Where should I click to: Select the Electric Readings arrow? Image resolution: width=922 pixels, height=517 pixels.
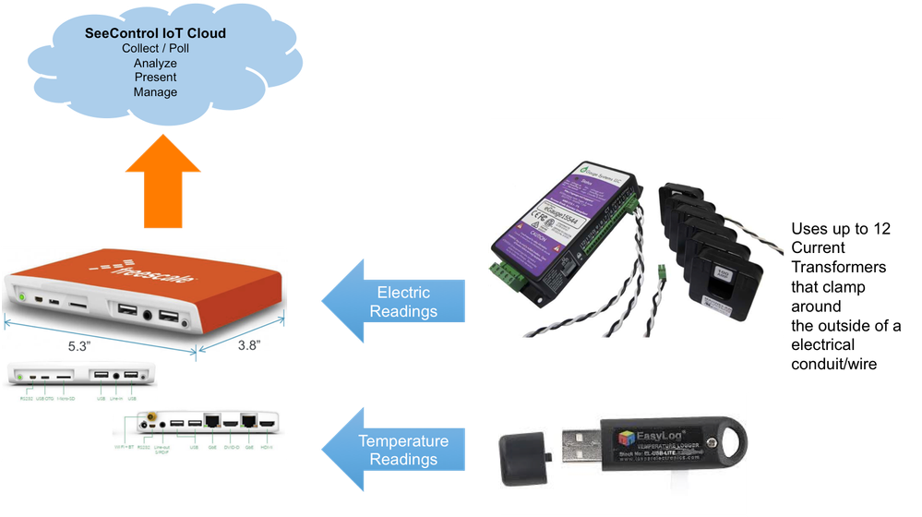coord(392,301)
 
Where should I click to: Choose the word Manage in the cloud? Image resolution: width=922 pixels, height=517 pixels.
coord(155,92)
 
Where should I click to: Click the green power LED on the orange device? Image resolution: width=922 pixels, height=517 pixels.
coord(18,299)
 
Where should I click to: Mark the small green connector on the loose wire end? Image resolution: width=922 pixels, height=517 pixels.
coord(660,272)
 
